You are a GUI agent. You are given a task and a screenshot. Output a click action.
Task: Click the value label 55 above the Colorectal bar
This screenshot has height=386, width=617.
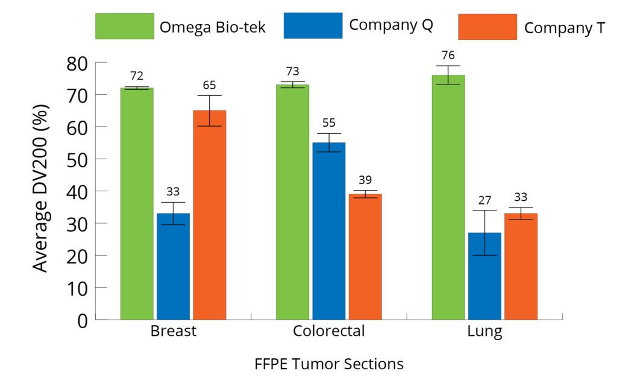pos(328,123)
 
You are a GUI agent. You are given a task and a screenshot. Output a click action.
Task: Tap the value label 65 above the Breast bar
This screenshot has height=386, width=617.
pos(209,85)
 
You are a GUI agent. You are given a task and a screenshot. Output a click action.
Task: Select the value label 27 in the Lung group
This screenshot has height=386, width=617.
pos(484,200)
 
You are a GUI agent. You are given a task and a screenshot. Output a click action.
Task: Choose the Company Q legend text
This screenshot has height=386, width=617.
pos(390,25)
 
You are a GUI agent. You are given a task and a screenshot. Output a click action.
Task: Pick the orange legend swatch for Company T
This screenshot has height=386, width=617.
pos(487,27)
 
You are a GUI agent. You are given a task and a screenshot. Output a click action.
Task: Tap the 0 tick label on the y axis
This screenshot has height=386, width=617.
pos(82,320)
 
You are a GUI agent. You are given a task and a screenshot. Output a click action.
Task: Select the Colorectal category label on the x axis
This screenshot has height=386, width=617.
pos(328,332)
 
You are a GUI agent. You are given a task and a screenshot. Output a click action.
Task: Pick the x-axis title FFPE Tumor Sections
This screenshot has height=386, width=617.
pos(328,364)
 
